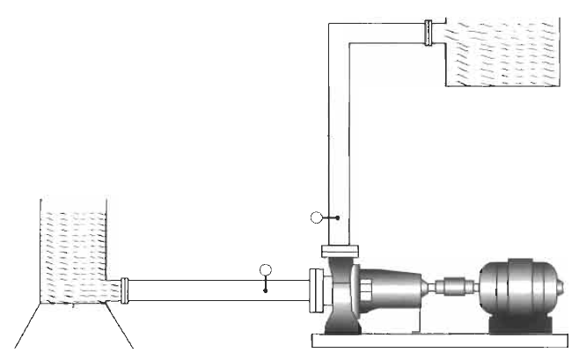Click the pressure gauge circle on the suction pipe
coord(267,268)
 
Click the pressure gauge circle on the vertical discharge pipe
coord(317,217)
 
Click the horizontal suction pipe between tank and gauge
coord(194,288)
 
